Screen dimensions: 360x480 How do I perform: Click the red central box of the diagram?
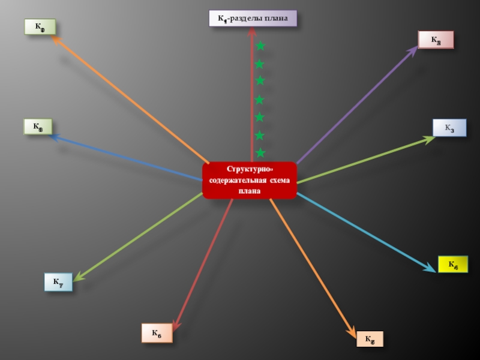coord(250,180)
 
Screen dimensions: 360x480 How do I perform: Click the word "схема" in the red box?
coord(279,181)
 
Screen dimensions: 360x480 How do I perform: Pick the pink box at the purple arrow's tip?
coord(436,40)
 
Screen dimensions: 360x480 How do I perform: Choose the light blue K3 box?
coord(449,128)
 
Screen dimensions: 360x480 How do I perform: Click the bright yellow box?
coord(452,264)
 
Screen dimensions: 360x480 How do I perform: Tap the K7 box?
coord(58,282)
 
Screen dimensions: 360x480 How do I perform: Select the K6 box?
coord(157,333)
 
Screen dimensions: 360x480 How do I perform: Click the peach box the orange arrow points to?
coord(370,339)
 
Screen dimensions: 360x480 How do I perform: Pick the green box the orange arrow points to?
coord(40,26)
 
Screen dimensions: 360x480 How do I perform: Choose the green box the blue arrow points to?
coord(38,127)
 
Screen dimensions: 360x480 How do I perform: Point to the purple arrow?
coord(357,105)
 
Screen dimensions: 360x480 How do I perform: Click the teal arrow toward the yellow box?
coord(366,231)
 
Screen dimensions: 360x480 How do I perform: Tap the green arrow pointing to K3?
coord(366,160)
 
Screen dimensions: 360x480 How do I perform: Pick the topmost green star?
coord(260,46)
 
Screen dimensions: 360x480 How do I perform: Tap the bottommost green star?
coord(260,153)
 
